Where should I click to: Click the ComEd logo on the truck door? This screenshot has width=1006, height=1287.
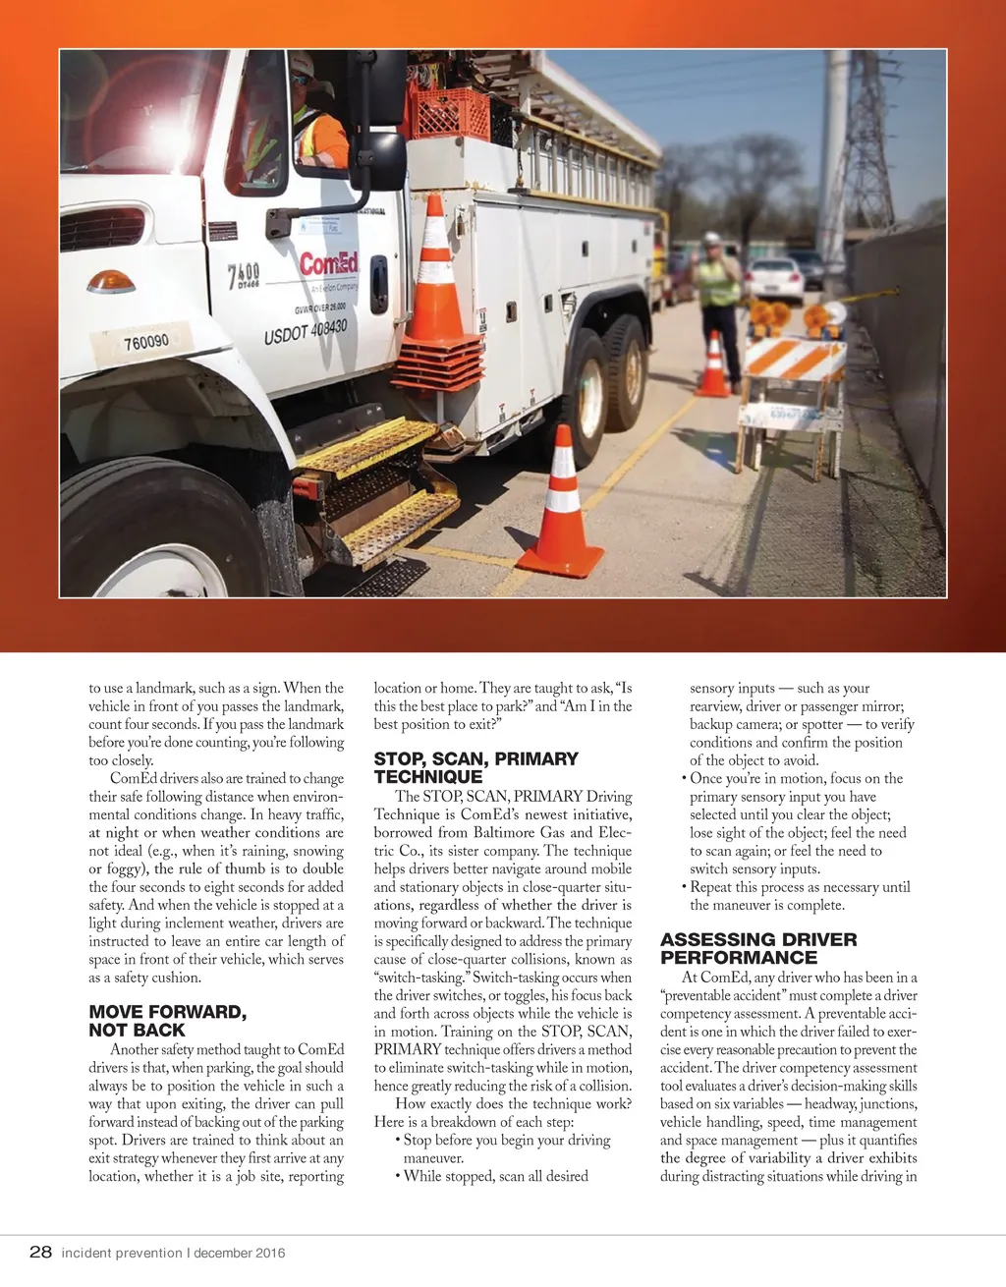point(328,264)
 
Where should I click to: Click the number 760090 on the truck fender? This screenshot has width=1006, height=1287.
point(145,342)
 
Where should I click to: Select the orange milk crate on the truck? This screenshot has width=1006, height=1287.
point(450,114)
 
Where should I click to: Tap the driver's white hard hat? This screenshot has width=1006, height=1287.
point(302,65)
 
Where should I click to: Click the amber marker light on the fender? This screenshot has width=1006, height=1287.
point(111,282)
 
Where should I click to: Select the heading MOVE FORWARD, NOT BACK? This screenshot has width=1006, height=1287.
point(167,1021)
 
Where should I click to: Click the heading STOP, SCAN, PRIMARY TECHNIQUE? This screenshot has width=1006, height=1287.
point(475,767)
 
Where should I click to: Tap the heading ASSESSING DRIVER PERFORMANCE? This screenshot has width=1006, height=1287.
point(757,948)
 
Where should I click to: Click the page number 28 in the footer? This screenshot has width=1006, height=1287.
point(40,1252)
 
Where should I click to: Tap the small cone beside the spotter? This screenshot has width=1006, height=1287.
point(712,366)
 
